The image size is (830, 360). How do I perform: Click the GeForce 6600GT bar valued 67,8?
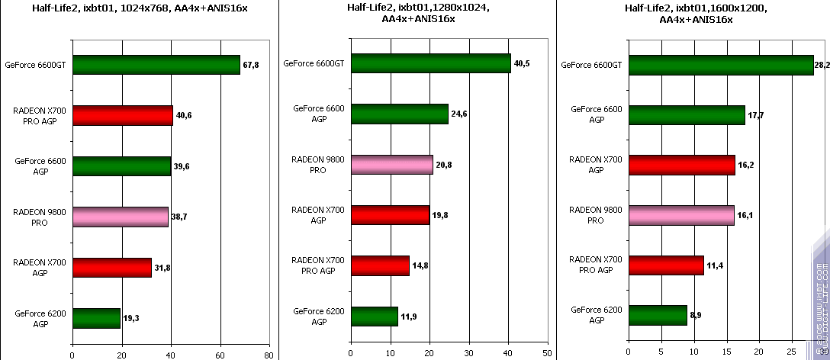[156, 65]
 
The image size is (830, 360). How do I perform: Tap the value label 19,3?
[132, 317]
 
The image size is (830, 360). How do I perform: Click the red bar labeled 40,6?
[122, 115]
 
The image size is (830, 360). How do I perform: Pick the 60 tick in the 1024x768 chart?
[220, 354]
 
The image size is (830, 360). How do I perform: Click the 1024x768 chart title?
[135, 9]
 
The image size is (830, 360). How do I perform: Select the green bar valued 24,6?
[399, 114]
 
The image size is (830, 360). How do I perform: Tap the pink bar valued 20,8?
[391, 164]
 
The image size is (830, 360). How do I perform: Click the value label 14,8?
[421, 265]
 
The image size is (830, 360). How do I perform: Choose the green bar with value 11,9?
[374, 316]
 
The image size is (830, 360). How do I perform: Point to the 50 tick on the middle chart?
[547, 354]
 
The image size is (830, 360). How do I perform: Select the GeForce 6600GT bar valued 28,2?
[721, 65]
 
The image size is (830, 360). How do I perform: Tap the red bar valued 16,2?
[681, 165]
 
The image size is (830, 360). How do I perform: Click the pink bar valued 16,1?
[681, 215]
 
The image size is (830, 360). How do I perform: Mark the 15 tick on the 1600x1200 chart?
[726, 354]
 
